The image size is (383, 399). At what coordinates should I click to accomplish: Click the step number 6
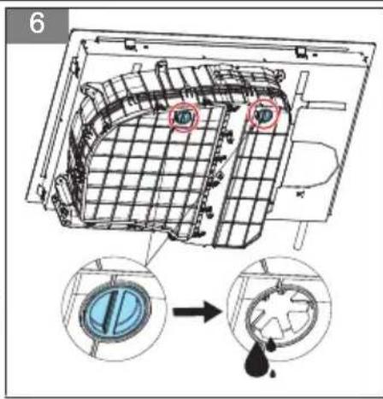37,23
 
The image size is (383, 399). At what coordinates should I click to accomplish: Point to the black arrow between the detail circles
197,312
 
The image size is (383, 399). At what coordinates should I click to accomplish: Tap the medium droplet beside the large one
272,344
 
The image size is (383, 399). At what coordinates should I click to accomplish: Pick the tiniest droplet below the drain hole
273,373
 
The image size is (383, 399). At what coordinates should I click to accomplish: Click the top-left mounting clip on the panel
130,44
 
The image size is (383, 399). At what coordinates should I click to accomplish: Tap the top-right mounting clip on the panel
301,51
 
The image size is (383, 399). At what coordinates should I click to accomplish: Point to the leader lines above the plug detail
156,249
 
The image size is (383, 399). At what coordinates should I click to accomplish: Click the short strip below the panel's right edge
302,235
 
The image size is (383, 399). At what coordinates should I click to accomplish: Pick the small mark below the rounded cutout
300,194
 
